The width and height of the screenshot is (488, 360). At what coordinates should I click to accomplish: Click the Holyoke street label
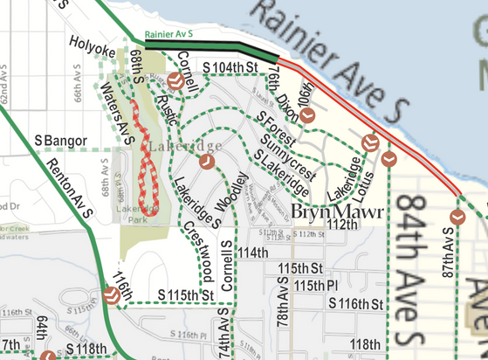93,41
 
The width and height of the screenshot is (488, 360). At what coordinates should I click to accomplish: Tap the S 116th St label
356,303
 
